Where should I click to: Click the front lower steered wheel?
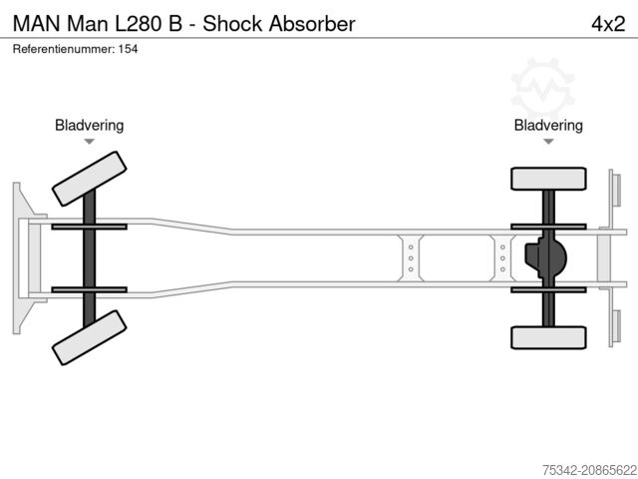89,337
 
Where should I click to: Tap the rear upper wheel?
547,179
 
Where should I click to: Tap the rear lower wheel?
547,337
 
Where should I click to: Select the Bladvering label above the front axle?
89,125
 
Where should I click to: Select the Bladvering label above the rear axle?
548,125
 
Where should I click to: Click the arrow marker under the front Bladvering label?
89,142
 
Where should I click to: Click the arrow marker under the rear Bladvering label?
548,142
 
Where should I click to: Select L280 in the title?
146,23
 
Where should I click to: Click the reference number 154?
127,49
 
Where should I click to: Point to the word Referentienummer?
61,49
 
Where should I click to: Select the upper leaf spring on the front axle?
89,227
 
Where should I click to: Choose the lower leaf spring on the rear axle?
547,289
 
